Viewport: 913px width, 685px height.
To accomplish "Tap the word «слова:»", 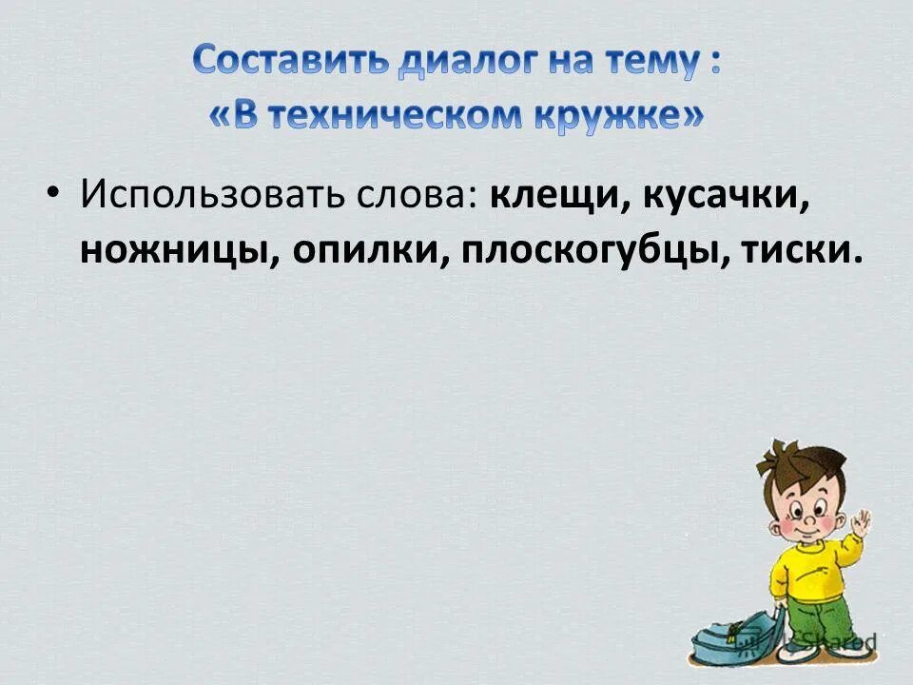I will pos(416,196).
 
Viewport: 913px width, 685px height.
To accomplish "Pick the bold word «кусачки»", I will pos(728,196).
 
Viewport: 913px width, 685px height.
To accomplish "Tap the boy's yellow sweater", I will pos(808,566).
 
